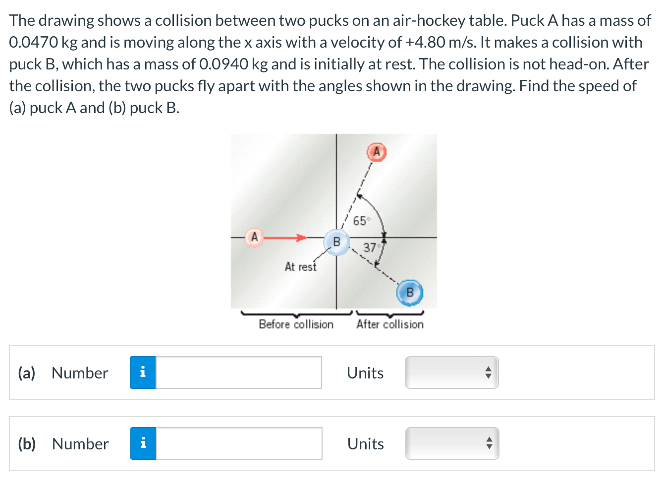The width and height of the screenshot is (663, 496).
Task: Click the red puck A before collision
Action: (x=254, y=237)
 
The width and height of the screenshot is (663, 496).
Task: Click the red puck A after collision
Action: (x=376, y=152)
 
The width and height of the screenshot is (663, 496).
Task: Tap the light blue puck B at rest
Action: (x=336, y=242)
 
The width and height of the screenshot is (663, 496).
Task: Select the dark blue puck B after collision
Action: (x=410, y=293)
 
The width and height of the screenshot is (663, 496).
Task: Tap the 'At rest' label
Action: (x=300, y=267)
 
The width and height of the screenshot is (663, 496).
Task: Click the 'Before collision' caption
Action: (x=296, y=324)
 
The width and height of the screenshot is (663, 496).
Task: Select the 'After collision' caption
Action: (x=390, y=324)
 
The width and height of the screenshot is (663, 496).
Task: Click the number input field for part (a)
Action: (x=238, y=372)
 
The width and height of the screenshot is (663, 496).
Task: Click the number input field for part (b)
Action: (x=238, y=443)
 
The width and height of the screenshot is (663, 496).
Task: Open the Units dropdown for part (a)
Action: (x=451, y=372)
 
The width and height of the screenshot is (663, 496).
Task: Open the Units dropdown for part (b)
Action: (x=452, y=443)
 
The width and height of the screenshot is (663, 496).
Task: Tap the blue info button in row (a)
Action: (x=143, y=372)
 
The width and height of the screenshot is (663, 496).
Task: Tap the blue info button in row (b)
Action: (x=143, y=443)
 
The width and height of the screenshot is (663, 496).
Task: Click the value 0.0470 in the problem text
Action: (x=34, y=43)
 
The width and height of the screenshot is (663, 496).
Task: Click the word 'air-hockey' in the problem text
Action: (x=429, y=21)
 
